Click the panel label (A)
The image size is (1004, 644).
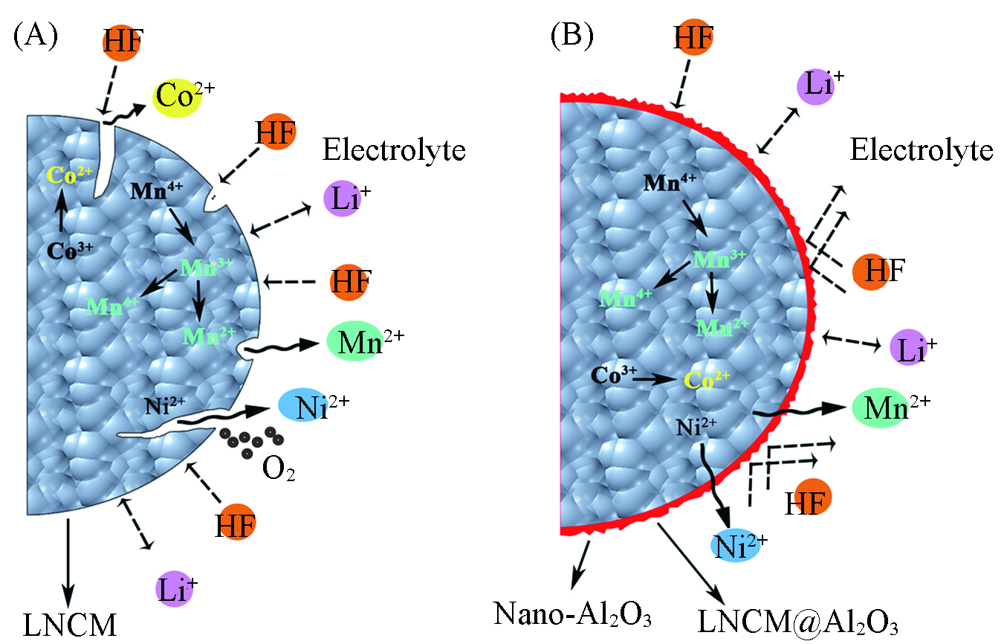click(x=35, y=36)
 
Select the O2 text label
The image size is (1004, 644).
click(x=278, y=470)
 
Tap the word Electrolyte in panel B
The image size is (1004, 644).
click(x=921, y=150)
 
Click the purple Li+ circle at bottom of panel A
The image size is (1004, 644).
click(x=175, y=588)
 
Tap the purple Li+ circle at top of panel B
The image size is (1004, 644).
click(x=815, y=86)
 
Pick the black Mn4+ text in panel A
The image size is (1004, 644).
click(x=156, y=191)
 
